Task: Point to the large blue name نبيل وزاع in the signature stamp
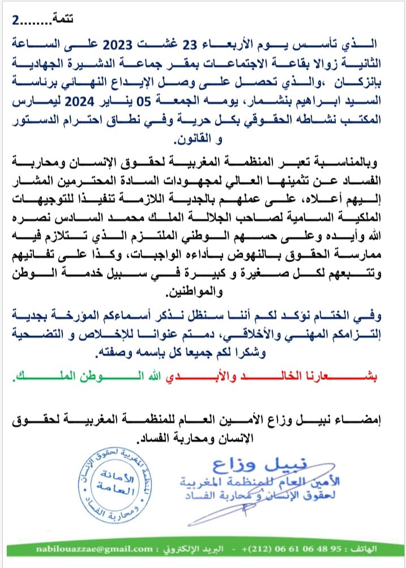(x=250, y=465)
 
